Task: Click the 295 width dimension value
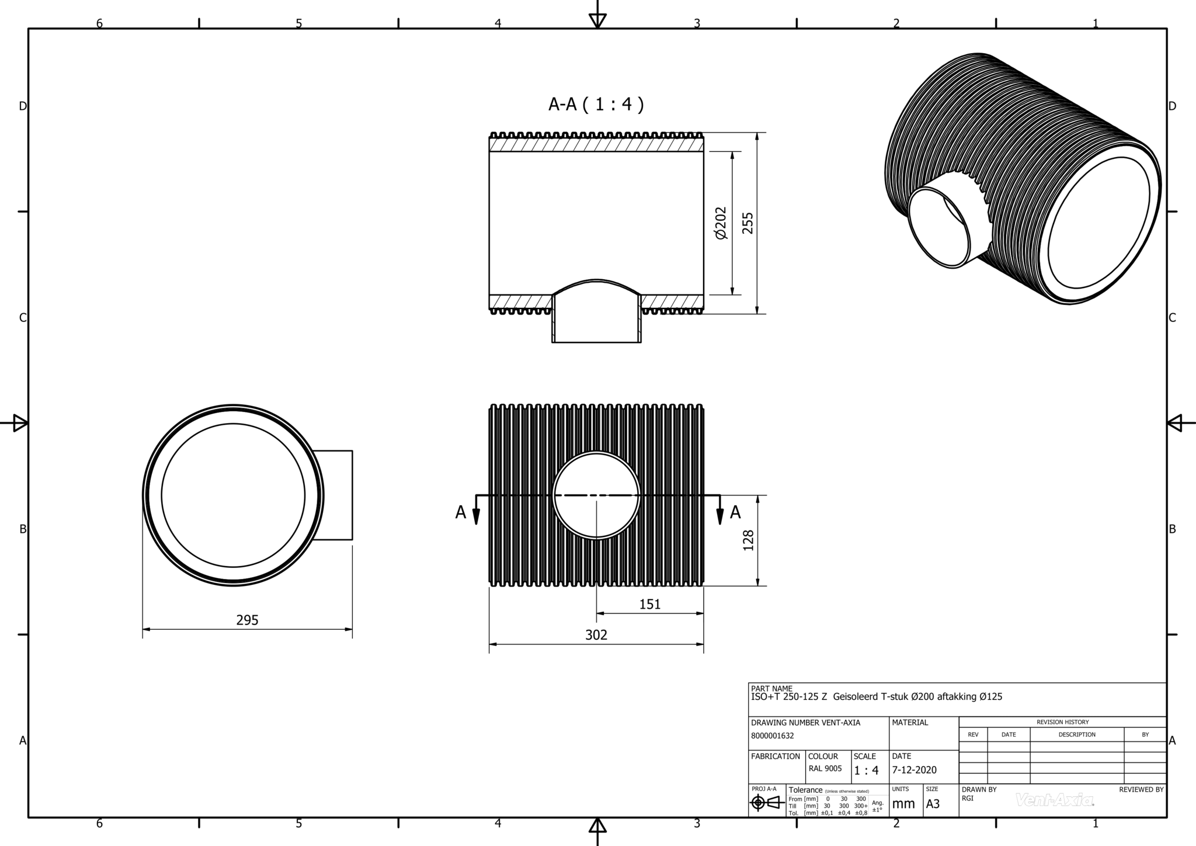pos(247,620)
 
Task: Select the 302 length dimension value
pos(596,634)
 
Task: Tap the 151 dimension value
pos(649,604)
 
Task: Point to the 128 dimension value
pos(748,540)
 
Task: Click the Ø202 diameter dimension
pos(721,223)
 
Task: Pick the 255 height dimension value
pos(747,223)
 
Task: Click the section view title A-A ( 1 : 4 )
pos(596,104)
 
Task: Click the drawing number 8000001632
pos(772,736)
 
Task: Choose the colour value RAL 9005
pos(825,768)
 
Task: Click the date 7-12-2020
pos(914,770)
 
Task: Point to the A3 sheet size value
pos(933,804)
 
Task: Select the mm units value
pos(903,804)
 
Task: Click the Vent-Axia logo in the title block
pos(1055,800)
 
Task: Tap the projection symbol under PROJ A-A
pos(767,803)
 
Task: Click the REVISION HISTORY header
pos(1062,722)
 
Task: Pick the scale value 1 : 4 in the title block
pos(866,771)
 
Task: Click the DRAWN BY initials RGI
pos(968,798)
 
